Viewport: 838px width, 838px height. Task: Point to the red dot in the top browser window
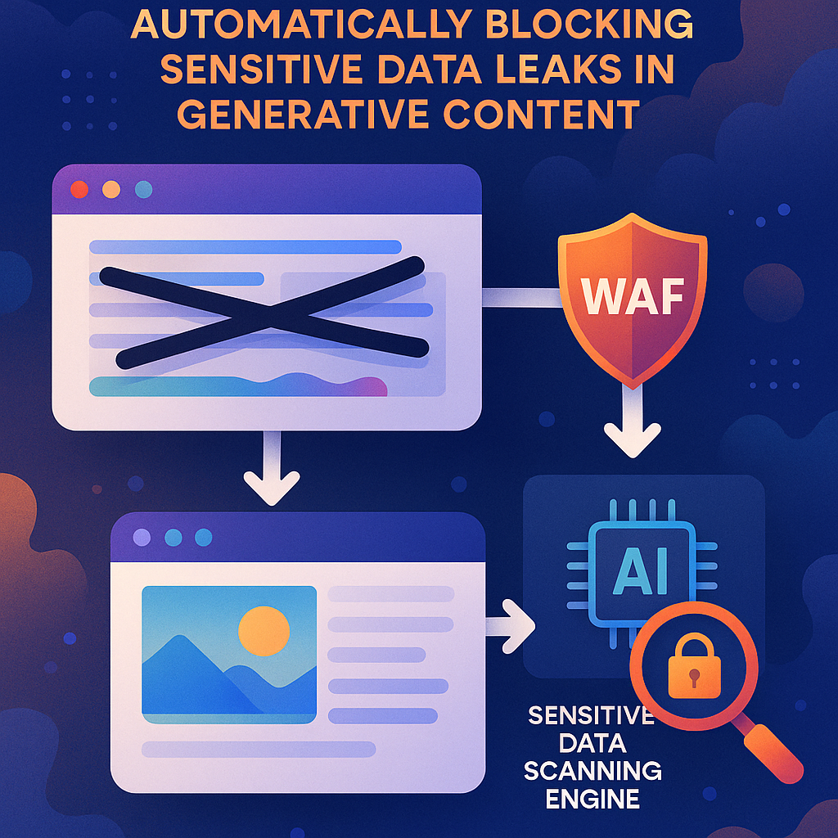[79, 190]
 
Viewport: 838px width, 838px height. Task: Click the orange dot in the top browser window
[111, 190]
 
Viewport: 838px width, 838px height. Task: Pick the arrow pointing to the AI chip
[511, 626]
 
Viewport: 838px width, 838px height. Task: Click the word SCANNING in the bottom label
[592, 771]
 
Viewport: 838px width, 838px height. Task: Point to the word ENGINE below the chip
[592, 798]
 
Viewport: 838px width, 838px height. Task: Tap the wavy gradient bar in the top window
[237, 385]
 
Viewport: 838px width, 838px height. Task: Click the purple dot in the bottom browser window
[142, 538]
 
